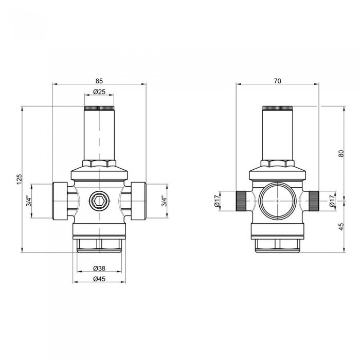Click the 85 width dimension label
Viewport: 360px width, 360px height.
click(99, 81)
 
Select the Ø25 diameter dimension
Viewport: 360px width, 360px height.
click(99, 92)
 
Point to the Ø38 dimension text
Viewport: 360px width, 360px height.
click(99, 268)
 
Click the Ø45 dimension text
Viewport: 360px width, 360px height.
click(99, 279)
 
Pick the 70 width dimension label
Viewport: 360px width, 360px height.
click(278, 81)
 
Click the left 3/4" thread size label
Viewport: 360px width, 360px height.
click(29, 201)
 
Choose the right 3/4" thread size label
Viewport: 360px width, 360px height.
click(164, 201)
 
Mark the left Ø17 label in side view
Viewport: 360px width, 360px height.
click(217, 201)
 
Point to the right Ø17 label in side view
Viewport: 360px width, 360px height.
click(332, 201)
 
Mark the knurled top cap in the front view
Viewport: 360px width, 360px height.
click(99, 109)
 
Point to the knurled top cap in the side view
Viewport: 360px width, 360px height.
click(278, 109)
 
